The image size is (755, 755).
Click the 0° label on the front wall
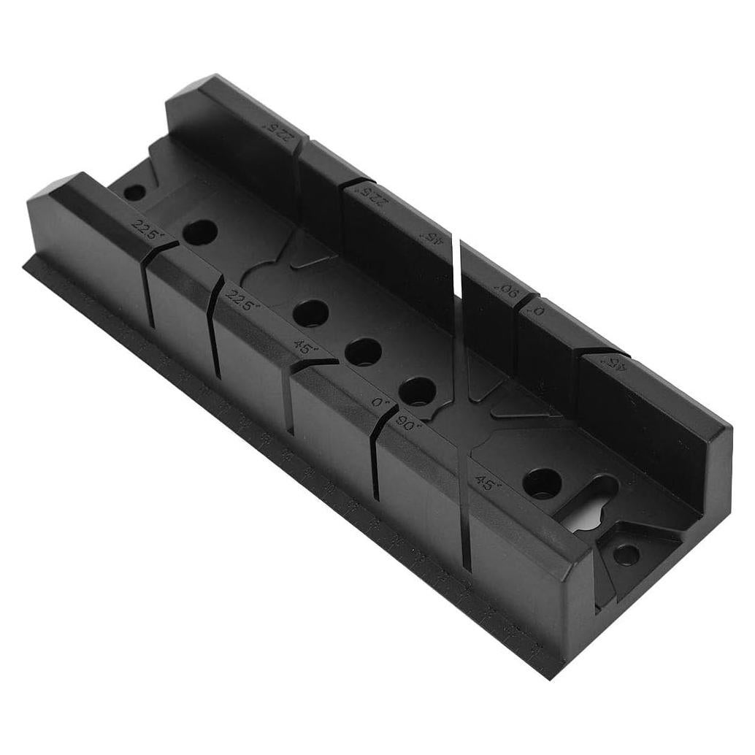pyautogui.click(x=378, y=402)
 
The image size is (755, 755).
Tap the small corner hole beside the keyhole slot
pyautogui.click(x=625, y=555)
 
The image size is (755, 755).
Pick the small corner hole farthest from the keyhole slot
pyautogui.click(x=134, y=193)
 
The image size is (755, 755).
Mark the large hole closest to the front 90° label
pyautogui.click(x=418, y=392)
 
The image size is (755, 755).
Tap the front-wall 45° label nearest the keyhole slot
pyautogui.click(x=485, y=482)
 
